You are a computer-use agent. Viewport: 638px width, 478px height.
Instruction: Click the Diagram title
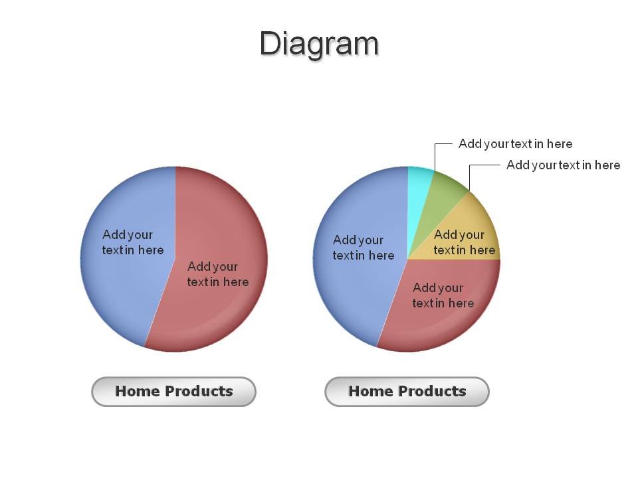pos(319,44)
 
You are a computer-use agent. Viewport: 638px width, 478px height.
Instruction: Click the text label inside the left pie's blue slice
pos(133,242)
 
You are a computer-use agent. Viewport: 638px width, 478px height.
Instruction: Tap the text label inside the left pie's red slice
pos(218,274)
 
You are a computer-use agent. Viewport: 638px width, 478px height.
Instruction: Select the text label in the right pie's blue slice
pos(364,248)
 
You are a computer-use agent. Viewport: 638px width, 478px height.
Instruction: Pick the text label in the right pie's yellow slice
pos(465,242)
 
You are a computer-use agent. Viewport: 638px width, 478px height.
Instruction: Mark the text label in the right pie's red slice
pos(443,295)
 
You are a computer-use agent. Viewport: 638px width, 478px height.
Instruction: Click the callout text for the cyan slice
pos(515,143)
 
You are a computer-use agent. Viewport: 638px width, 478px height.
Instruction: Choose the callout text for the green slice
pos(563,165)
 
